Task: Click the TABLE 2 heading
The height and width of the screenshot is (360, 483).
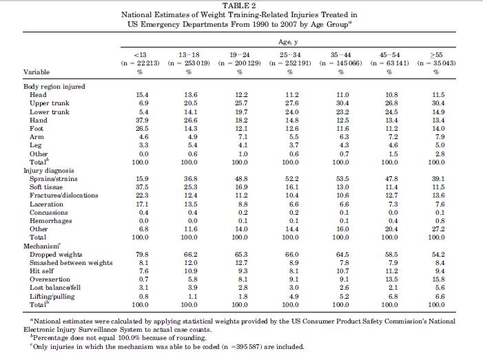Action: [240, 6]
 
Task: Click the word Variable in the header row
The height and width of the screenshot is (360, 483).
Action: [37, 72]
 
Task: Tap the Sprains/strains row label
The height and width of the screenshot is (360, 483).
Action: [55, 178]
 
